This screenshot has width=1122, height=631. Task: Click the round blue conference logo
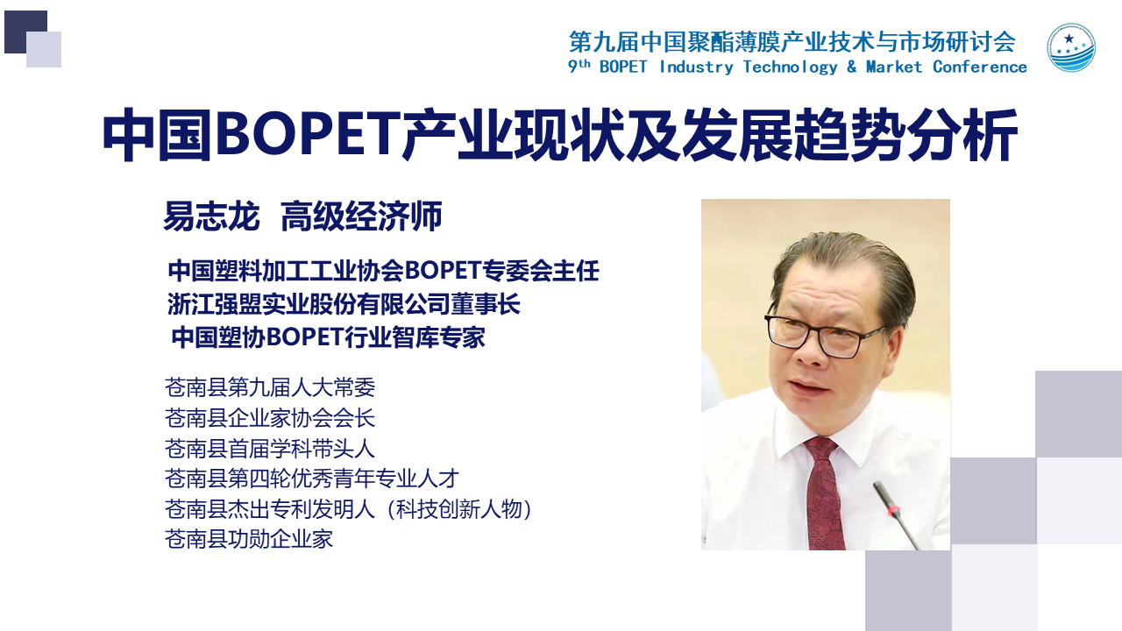(1071, 47)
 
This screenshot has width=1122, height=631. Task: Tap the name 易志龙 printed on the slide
(212, 216)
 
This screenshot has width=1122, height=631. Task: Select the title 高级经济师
(361, 216)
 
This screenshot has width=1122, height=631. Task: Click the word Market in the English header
(893, 67)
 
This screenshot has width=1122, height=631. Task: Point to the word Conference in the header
(980, 67)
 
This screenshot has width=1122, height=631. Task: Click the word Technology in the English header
(790, 67)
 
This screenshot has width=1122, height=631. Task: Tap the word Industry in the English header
(696, 67)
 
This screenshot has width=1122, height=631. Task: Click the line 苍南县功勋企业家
(249, 539)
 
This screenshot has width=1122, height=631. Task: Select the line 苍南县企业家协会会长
(270, 418)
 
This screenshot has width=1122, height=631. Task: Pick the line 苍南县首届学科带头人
(270, 449)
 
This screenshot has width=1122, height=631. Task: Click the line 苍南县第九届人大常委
(270, 387)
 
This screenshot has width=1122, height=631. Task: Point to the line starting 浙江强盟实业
(344, 304)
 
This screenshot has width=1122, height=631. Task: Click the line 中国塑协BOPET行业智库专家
(328, 337)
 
